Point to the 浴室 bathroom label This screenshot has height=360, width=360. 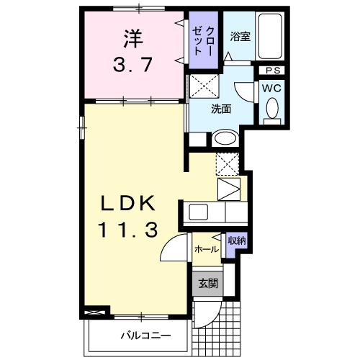pos(240,37)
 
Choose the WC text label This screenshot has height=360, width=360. pos(271,88)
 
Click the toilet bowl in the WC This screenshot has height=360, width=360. pos(272,109)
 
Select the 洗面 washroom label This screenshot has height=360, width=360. pos(220,109)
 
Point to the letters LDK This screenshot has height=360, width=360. pos(129,205)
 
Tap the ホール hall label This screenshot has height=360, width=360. pos(207,249)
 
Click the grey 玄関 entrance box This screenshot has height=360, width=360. pos(205,283)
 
